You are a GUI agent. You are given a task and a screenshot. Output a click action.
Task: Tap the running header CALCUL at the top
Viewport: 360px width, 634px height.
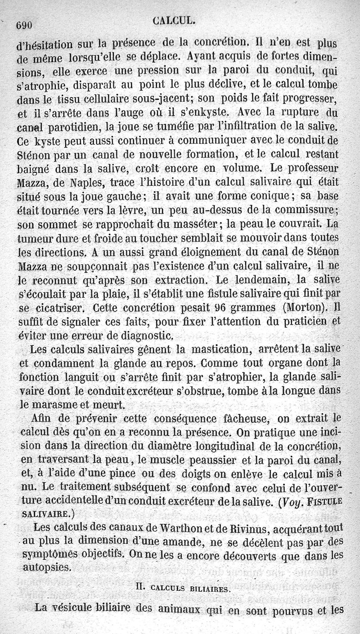click(x=173, y=20)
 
